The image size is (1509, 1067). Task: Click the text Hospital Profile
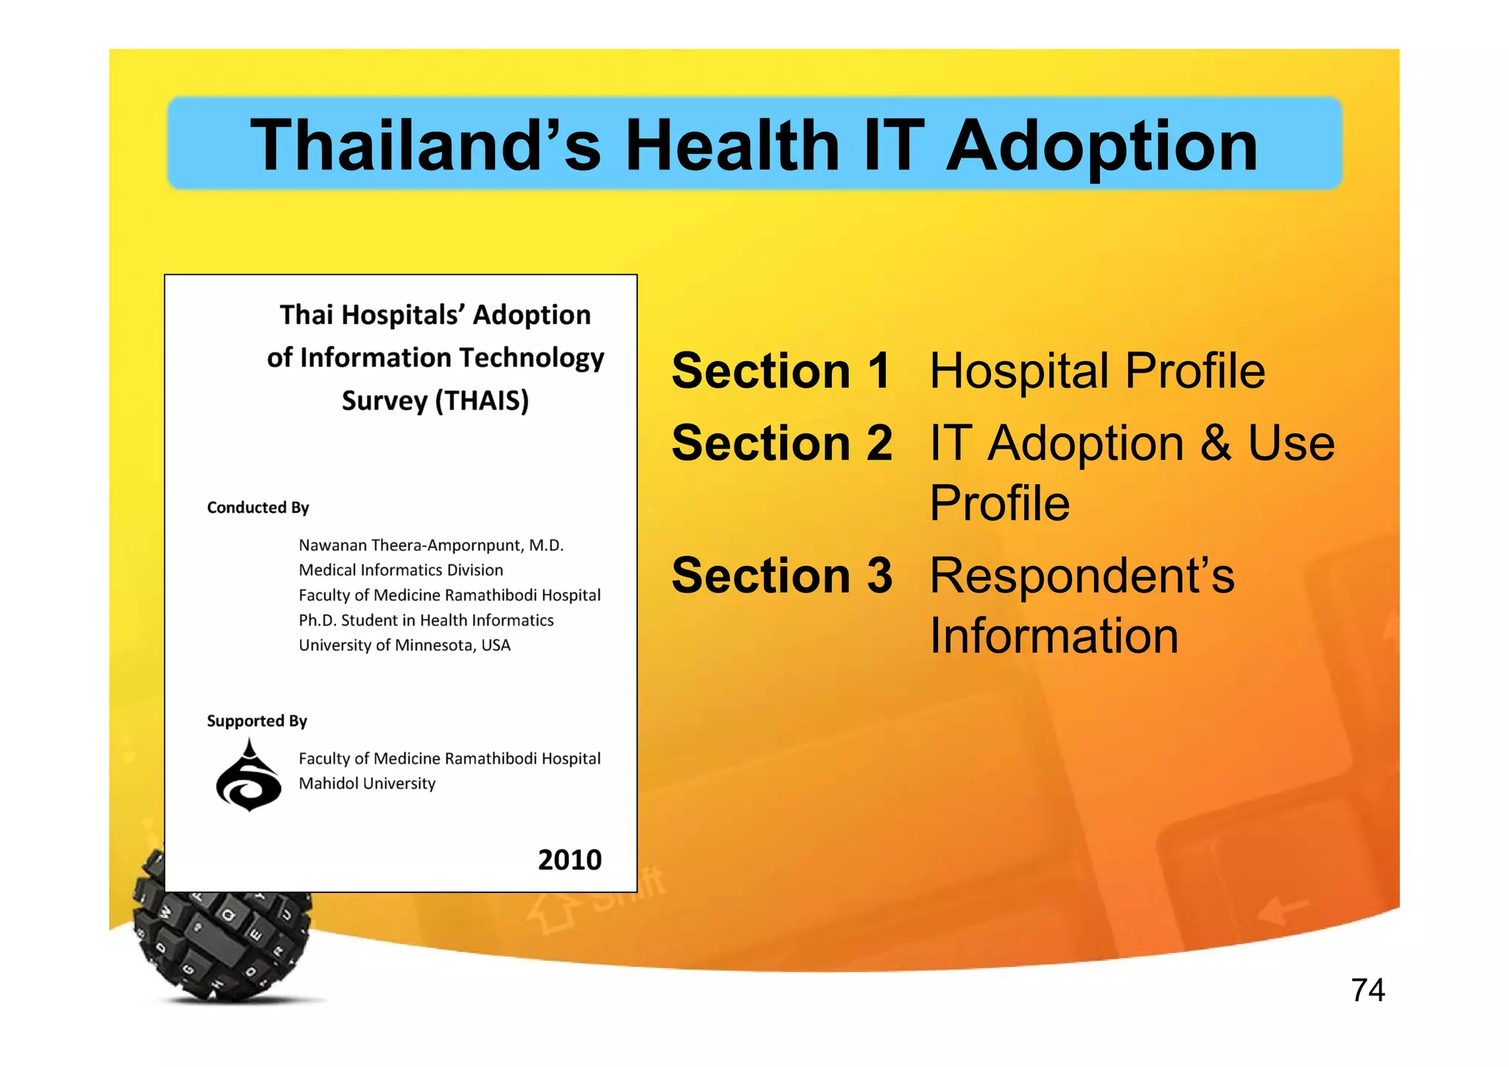[1096, 371]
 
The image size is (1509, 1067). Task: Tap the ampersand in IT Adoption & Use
[1215, 443]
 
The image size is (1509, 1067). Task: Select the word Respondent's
[1081, 575]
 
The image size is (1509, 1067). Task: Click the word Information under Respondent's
[1053, 635]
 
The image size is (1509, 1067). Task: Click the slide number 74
[1368, 990]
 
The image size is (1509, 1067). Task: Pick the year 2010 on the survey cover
[569, 859]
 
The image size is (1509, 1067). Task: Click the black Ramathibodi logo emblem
[248, 777]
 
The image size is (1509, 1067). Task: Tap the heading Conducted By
[258, 508]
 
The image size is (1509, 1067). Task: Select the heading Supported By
[256, 721]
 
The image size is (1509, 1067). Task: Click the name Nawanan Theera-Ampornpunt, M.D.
[430, 545]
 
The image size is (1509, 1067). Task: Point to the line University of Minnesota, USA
[404, 646]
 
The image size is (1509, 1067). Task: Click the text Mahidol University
[366, 783]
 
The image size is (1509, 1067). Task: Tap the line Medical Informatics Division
[400, 570]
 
